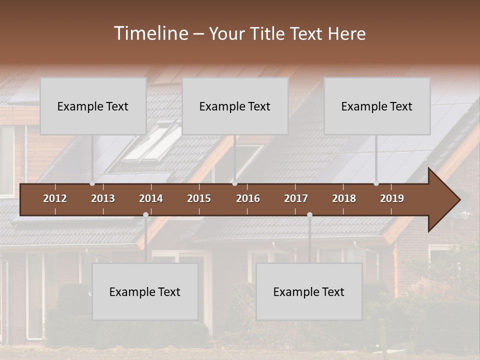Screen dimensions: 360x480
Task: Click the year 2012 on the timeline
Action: pyautogui.click(x=55, y=198)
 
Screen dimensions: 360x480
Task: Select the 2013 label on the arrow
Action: pyautogui.click(x=103, y=198)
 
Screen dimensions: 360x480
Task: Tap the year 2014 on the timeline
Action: pyautogui.click(x=151, y=198)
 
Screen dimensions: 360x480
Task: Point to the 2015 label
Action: pyautogui.click(x=199, y=198)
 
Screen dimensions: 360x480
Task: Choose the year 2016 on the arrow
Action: pyautogui.click(x=248, y=198)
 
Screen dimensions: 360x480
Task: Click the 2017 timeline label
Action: pyautogui.click(x=296, y=198)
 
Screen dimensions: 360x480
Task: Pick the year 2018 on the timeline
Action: pyautogui.click(x=344, y=198)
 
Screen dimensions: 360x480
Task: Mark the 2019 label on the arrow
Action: pyautogui.click(x=392, y=198)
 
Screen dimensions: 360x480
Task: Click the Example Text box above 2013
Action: pyautogui.click(x=93, y=106)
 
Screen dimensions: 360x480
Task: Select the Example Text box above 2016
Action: pyautogui.click(x=235, y=106)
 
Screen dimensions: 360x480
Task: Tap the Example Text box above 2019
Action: pyautogui.click(x=377, y=106)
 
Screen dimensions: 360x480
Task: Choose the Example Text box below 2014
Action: pyautogui.click(x=145, y=291)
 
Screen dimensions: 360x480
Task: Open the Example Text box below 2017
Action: pyautogui.click(x=309, y=291)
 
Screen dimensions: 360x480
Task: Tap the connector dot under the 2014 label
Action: pyautogui.click(x=145, y=215)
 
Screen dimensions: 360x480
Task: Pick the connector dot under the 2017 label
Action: pyautogui.click(x=309, y=215)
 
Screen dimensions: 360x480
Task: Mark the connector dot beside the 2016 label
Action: pyautogui.click(x=234, y=183)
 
